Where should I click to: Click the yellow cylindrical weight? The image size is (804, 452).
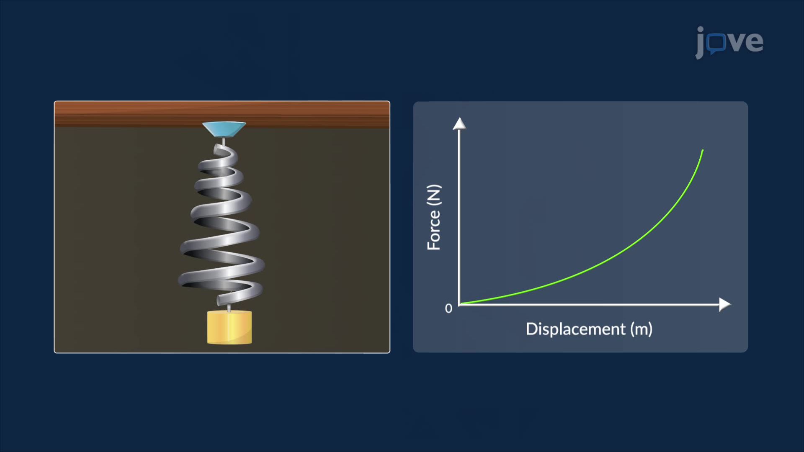[229, 328]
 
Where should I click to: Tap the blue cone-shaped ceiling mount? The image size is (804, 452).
[224, 129]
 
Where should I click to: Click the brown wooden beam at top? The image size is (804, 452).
[126, 114]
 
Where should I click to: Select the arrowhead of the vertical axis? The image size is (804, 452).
[459, 124]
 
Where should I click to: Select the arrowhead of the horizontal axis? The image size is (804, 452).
[724, 304]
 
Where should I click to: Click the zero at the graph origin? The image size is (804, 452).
[448, 309]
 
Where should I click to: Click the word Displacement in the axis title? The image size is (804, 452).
[575, 329]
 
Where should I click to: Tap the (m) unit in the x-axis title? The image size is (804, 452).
[642, 329]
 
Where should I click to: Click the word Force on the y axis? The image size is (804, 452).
[434, 230]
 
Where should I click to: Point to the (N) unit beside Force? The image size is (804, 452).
[434, 195]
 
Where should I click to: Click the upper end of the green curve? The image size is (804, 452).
[702, 151]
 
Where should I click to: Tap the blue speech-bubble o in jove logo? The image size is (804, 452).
[717, 43]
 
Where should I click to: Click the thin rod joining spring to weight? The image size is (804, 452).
[229, 308]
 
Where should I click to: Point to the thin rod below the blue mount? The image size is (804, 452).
[224, 141]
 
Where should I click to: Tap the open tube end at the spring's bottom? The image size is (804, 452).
[220, 300]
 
